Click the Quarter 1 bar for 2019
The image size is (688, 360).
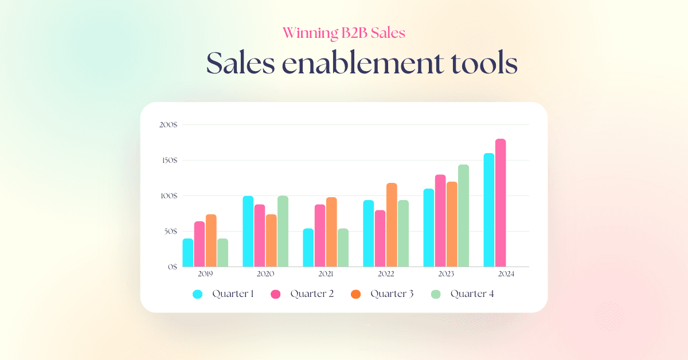point(188,253)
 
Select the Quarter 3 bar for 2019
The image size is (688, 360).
point(211,241)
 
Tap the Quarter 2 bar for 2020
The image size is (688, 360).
point(260,236)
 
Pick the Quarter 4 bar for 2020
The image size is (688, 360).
point(283,231)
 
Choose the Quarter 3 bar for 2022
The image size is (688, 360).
point(392,225)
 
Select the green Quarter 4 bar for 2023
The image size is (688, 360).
point(463,216)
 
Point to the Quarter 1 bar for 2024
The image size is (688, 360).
point(488,210)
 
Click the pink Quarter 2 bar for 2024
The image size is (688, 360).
point(501,203)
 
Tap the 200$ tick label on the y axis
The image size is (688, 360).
point(168,125)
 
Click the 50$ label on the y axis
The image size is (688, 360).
point(170,232)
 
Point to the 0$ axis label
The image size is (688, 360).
point(173,267)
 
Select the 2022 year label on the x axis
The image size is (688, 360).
point(386,274)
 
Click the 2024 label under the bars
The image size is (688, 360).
point(506,274)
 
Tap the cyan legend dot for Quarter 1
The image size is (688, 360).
point(198,294)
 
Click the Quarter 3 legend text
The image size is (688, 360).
point(392,294)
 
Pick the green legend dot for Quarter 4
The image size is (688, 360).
point(436,294)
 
